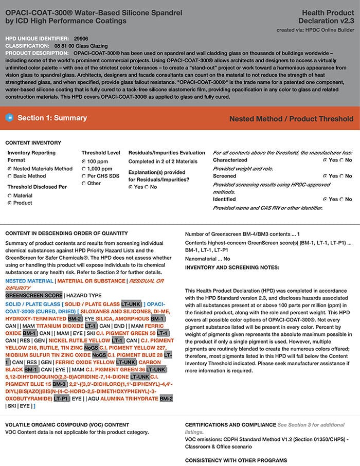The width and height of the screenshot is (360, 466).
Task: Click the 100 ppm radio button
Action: point(84,162)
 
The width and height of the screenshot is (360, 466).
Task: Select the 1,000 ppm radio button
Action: point(84,169)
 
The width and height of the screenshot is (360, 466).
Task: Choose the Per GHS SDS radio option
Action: point(84,176)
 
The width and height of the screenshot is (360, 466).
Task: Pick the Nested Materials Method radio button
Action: point(10,169)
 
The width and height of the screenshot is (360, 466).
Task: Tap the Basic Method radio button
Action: point(10,176)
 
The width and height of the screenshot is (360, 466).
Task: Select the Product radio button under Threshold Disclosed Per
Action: point(10,203)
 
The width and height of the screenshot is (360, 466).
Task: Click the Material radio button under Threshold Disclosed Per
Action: point(10,196)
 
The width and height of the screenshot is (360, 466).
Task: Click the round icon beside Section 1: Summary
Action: point(9,118)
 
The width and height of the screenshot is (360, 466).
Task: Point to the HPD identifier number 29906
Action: point(81,39)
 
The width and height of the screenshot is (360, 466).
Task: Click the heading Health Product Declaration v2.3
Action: point(326,16)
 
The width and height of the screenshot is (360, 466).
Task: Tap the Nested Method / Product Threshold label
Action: point(291,119)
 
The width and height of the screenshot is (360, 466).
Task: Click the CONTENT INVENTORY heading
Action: point(33,142)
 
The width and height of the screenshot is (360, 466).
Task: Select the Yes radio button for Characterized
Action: point(325,160)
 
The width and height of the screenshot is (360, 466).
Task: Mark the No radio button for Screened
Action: point(342,176)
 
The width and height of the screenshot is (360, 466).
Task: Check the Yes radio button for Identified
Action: point(325,199)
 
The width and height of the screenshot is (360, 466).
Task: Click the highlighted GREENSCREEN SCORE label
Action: point(33,296)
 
